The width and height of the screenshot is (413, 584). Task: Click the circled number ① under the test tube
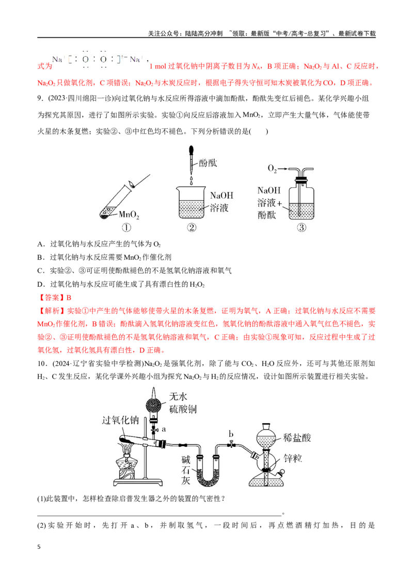(x=126, y=228)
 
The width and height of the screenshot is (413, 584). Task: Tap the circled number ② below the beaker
(x=192, y=228)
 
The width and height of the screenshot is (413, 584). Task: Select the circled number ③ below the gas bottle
(x=301, y=228)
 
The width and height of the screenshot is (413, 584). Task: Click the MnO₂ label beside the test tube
(x=129, y=215)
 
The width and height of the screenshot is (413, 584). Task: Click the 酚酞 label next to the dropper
(x=208, y=163)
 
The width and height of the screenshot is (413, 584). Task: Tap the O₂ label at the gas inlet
(x=273, y=169)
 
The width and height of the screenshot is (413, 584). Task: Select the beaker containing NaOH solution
(x=192, y=202)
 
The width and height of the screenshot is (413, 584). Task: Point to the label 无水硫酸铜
(x=183, y=402)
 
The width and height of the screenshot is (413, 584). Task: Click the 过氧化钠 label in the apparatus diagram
(x=120, y=420)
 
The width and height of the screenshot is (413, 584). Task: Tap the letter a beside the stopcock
(x=164, y=429)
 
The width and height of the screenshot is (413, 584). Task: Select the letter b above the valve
(x=231, y=434)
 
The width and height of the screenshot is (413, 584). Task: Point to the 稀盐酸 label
(x=297, y=437)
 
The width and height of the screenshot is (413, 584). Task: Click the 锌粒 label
(x=293, y=458)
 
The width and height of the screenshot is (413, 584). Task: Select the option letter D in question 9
(x=40, y=285)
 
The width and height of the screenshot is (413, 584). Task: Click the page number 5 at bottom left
(x=39, y=547)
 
